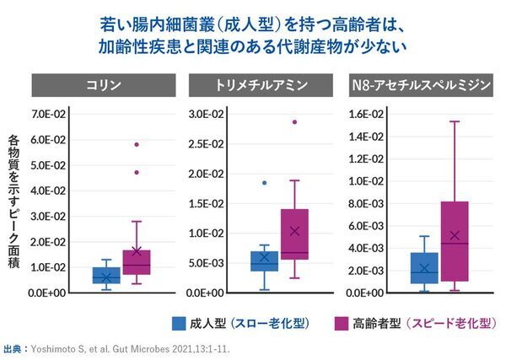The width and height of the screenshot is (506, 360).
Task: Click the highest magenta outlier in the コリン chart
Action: [136, 144]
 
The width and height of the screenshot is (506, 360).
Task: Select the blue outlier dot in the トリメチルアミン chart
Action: [264, 182]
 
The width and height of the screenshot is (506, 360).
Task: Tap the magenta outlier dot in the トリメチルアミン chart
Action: [294, 121]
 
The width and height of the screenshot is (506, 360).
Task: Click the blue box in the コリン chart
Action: [106, 276]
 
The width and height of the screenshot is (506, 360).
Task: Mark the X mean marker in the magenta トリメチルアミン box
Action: [294, 230]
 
